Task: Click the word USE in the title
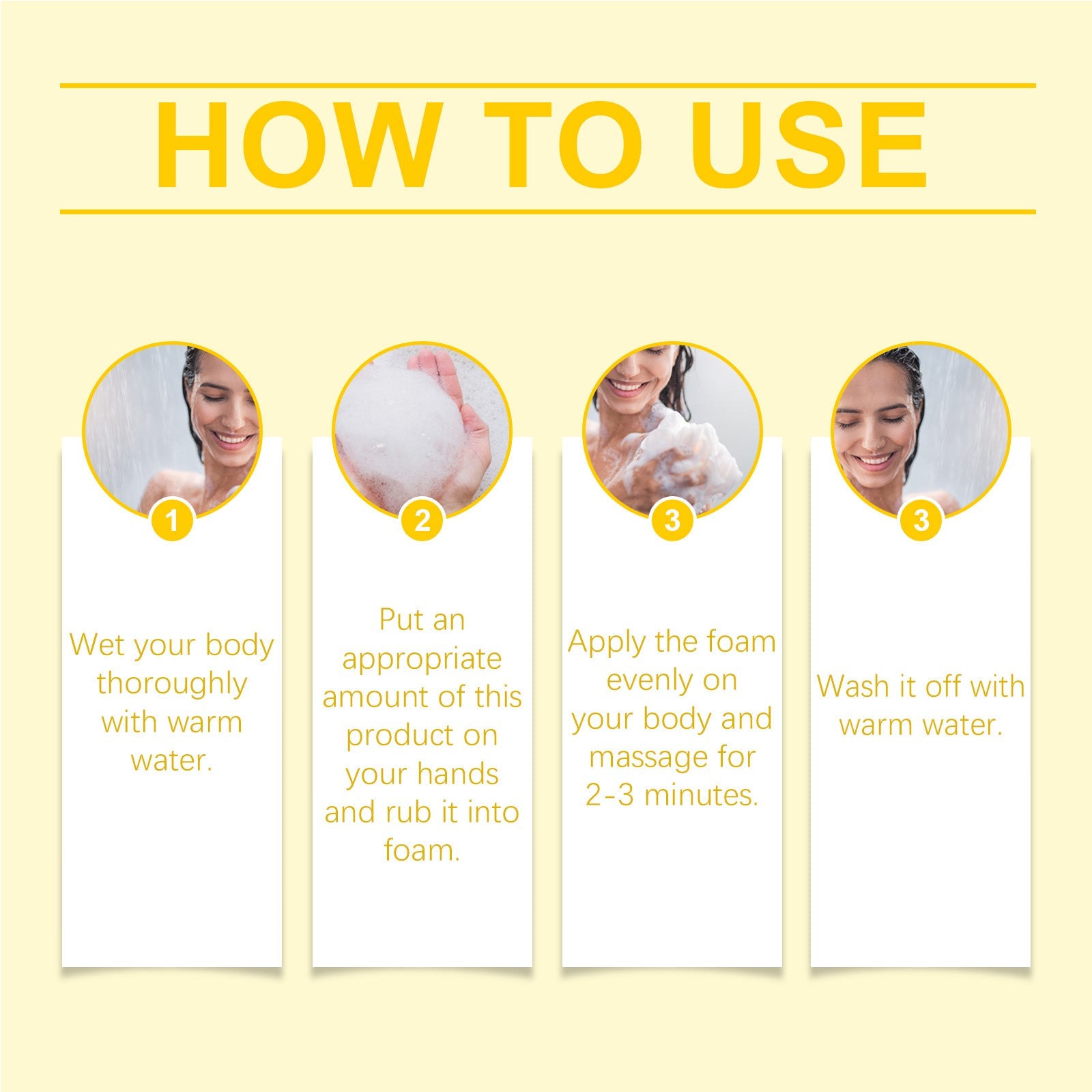pyautogui.click(x=809, y=145)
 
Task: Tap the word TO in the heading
pyautogui.click(x=563, y=145)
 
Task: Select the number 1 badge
pyautogui.click(x=172, y=521)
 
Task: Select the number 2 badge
pyautogui.click(x=422, y=521)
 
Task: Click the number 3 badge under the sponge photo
pyautogui.click(x=672, y=521)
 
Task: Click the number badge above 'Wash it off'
pyautogui.click(x=921, y=521)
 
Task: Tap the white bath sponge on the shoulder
pyautogui.click(x=689, y=450)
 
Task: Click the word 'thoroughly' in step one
pyautogui.click(x=172, y=684)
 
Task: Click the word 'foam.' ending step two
pyautogui.click(x=422, y=851)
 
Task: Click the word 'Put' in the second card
pyautogui.click(x=397, y=620)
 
